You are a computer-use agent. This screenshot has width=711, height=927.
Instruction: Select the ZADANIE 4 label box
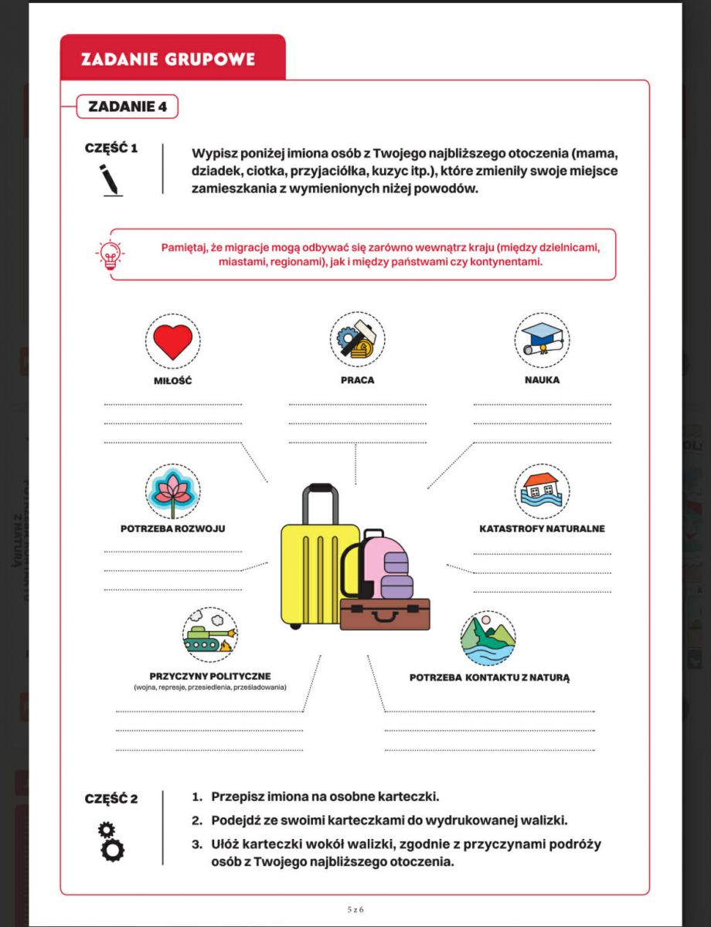(x=128, y=107)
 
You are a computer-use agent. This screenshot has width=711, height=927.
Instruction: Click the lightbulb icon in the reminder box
(x=110, y=255)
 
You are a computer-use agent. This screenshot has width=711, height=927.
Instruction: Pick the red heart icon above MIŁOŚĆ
(x=172, y=341)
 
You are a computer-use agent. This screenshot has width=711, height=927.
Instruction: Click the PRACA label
(x=357, y=380)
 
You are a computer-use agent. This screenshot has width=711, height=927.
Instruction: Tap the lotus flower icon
(x=172, y=491)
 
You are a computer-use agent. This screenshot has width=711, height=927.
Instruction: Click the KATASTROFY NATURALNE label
(x=542, y=529)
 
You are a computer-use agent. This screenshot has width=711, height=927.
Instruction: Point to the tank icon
(x=209, y=636)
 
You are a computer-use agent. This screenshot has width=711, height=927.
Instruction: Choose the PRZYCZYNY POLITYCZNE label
(x=210, y=676)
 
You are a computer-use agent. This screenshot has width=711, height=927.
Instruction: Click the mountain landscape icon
(x=488, y=638)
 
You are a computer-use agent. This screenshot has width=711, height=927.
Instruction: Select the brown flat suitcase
(x=385, y=614)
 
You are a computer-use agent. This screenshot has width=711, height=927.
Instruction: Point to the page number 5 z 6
(x=355, y=909)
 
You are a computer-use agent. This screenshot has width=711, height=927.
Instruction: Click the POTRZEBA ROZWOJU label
(x=172, y=529)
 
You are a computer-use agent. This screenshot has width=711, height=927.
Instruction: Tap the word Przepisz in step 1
(x=236, y=796)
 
